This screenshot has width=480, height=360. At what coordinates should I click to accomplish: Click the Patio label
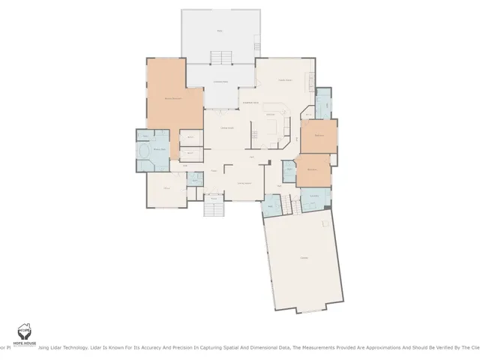pyautogui.click(x=220, y=31)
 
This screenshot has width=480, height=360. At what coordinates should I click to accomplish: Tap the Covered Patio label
pyautogui.click(x=220, y=82)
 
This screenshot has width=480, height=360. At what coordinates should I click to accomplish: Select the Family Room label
pyautogui.click(x=285, y=80)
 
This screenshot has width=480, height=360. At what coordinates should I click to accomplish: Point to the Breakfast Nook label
pyautogui.click(x=250, y=102)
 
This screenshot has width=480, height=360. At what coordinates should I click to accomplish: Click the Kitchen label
pyautogui.click(x=271, y=114)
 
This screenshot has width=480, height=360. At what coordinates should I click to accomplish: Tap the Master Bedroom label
pyautogui.click(x=174, y=98)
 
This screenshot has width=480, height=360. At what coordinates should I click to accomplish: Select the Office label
pyautogui.click(x=166, y=188)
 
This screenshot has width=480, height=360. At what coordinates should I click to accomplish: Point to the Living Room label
pyautogui.click(x=244, y=183)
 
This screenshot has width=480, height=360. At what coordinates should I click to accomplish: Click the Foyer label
pyautogui.click(x=214, y=172)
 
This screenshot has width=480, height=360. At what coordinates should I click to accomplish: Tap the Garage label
pyautogui.click(x=304, y=259)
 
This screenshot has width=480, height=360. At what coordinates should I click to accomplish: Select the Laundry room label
pyautogui.click(x=315, y=196)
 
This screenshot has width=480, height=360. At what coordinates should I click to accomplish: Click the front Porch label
pyautogui.click(x=214, y=199)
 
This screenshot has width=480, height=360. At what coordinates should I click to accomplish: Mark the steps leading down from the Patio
pyautogui.click(x=220, y=58)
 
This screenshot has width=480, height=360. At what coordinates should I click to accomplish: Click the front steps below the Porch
pyautogui.click(x=214, y=209)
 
